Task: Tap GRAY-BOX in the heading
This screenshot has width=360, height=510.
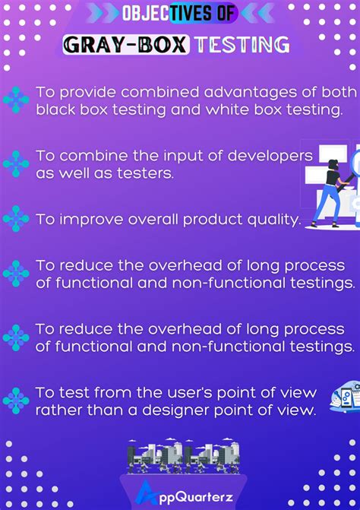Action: pyautogui.click(x=126, y=44)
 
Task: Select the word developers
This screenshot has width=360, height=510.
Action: pyautogui.click(x=270, y=155)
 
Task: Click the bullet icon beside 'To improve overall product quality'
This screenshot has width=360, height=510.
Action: pyautogui.click(x=16, y=220)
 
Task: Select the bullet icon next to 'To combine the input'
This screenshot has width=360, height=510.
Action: pyautogui.click(x=16, y=163)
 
